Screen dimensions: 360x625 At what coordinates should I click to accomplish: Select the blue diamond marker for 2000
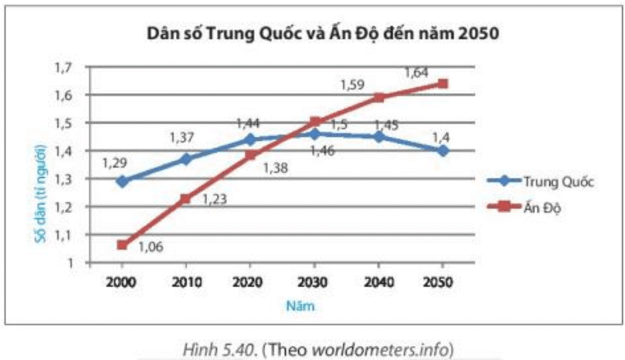[122, 181]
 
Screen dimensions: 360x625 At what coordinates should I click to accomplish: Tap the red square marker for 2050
[443, 84]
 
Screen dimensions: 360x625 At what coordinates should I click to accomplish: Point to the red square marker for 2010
[186, 198]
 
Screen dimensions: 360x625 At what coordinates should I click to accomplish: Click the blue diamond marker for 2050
[443, 151]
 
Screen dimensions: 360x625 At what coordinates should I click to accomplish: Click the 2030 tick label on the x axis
[314, 281]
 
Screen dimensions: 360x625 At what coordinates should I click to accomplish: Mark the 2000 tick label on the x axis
[122, 281]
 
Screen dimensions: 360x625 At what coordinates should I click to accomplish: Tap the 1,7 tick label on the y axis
[64, 68]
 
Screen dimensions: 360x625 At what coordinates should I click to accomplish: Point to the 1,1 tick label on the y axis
[64, 235]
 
